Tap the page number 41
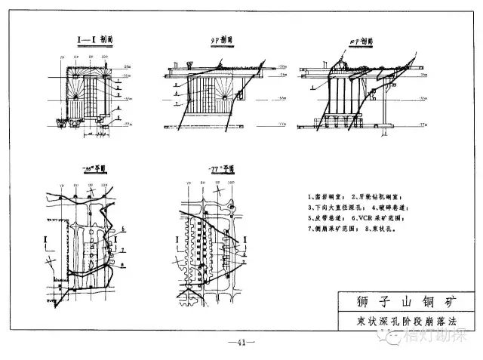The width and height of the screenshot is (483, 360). pos(241,345)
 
